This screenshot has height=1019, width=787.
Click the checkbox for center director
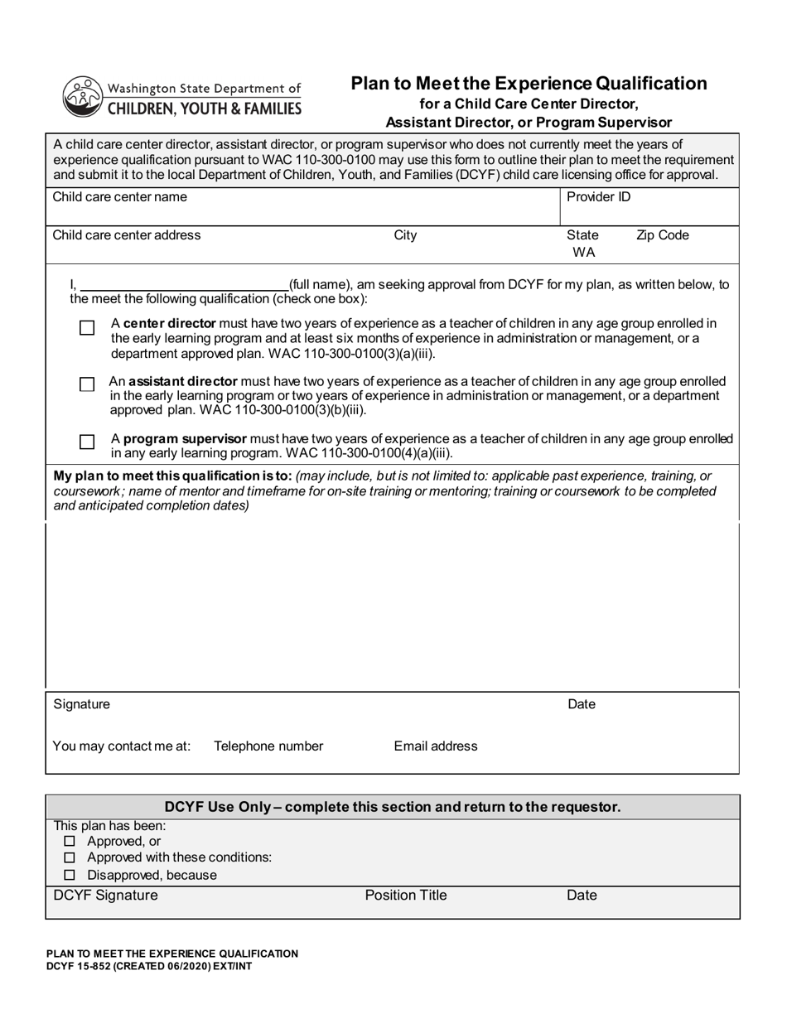pyautogui.click(x=87, y=328)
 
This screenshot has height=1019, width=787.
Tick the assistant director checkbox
pyautogui.click(x=87, y=384)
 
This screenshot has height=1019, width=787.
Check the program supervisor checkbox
pyautogui.click(x=87, y=442)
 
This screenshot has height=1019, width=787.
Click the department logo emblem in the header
pyautogui.click(x=81, y=96)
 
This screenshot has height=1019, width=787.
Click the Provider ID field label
pyautogui.click(x=598, y=197)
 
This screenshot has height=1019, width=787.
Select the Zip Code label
pyautogui.click(x=662, y=235)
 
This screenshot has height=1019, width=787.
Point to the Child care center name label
pyautogui.click(x=119, y=197)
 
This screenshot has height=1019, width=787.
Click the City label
pyautogui.click(x=405, y=235)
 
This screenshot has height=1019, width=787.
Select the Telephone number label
pyautogui.click(x=268, y=746)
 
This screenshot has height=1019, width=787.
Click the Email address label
pyautogui.click(x=436, y=746)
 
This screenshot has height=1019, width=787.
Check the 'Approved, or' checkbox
pyautogui.click(x=70, y=842)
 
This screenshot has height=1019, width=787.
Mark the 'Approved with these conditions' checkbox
pyautogui.click(x=70, y=858)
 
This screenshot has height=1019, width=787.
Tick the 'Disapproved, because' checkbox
pyautogui.click(x=70, y=875)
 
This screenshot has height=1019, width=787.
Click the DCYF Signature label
pyautogui.click(x=105, y=896)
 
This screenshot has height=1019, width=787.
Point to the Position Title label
pyautogui.click(x=406, y=896)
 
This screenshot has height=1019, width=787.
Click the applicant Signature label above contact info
pyautogui.click(x=81, y=705)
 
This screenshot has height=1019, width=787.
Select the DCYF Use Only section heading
pyautogui.click(x=392, y=807)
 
